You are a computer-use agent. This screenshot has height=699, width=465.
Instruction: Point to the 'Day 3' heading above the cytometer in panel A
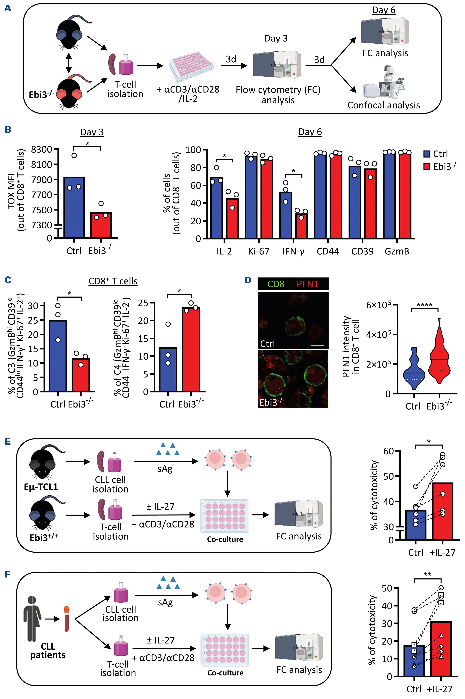276,39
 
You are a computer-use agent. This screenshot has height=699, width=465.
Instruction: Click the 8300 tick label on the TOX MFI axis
41,149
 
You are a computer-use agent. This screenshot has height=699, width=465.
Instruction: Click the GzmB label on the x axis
397,251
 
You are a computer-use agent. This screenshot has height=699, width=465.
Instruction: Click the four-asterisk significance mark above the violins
424,305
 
